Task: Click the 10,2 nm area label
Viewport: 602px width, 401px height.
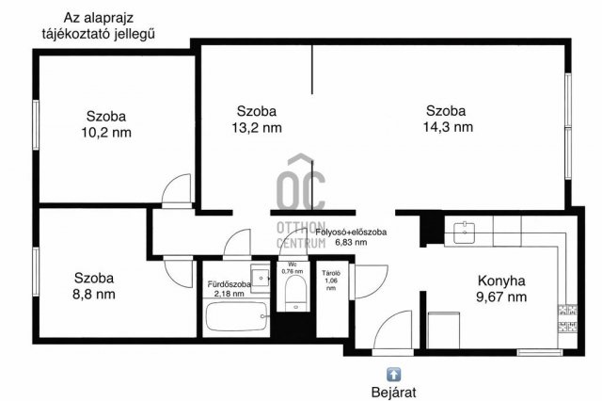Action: click(x=105, y=133)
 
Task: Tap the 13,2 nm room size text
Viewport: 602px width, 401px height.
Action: click(x=256, y=127)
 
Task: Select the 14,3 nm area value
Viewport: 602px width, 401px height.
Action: click(x=449, y=127)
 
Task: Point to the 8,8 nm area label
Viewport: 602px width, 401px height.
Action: click(x=94, y=294)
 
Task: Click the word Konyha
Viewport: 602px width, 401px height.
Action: click(x=501, y=281)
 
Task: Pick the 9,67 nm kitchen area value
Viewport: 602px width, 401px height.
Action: click(x=501, y=297)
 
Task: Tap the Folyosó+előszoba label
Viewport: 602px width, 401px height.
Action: click(x=352, y=232)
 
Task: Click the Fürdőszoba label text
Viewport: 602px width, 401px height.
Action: click(x=229, y=283)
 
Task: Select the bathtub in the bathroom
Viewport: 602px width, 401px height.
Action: click(x=235, y=317)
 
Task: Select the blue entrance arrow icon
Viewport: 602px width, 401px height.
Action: click(x=393, y=374)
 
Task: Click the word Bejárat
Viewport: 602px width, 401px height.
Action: click(x=393, y=392)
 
